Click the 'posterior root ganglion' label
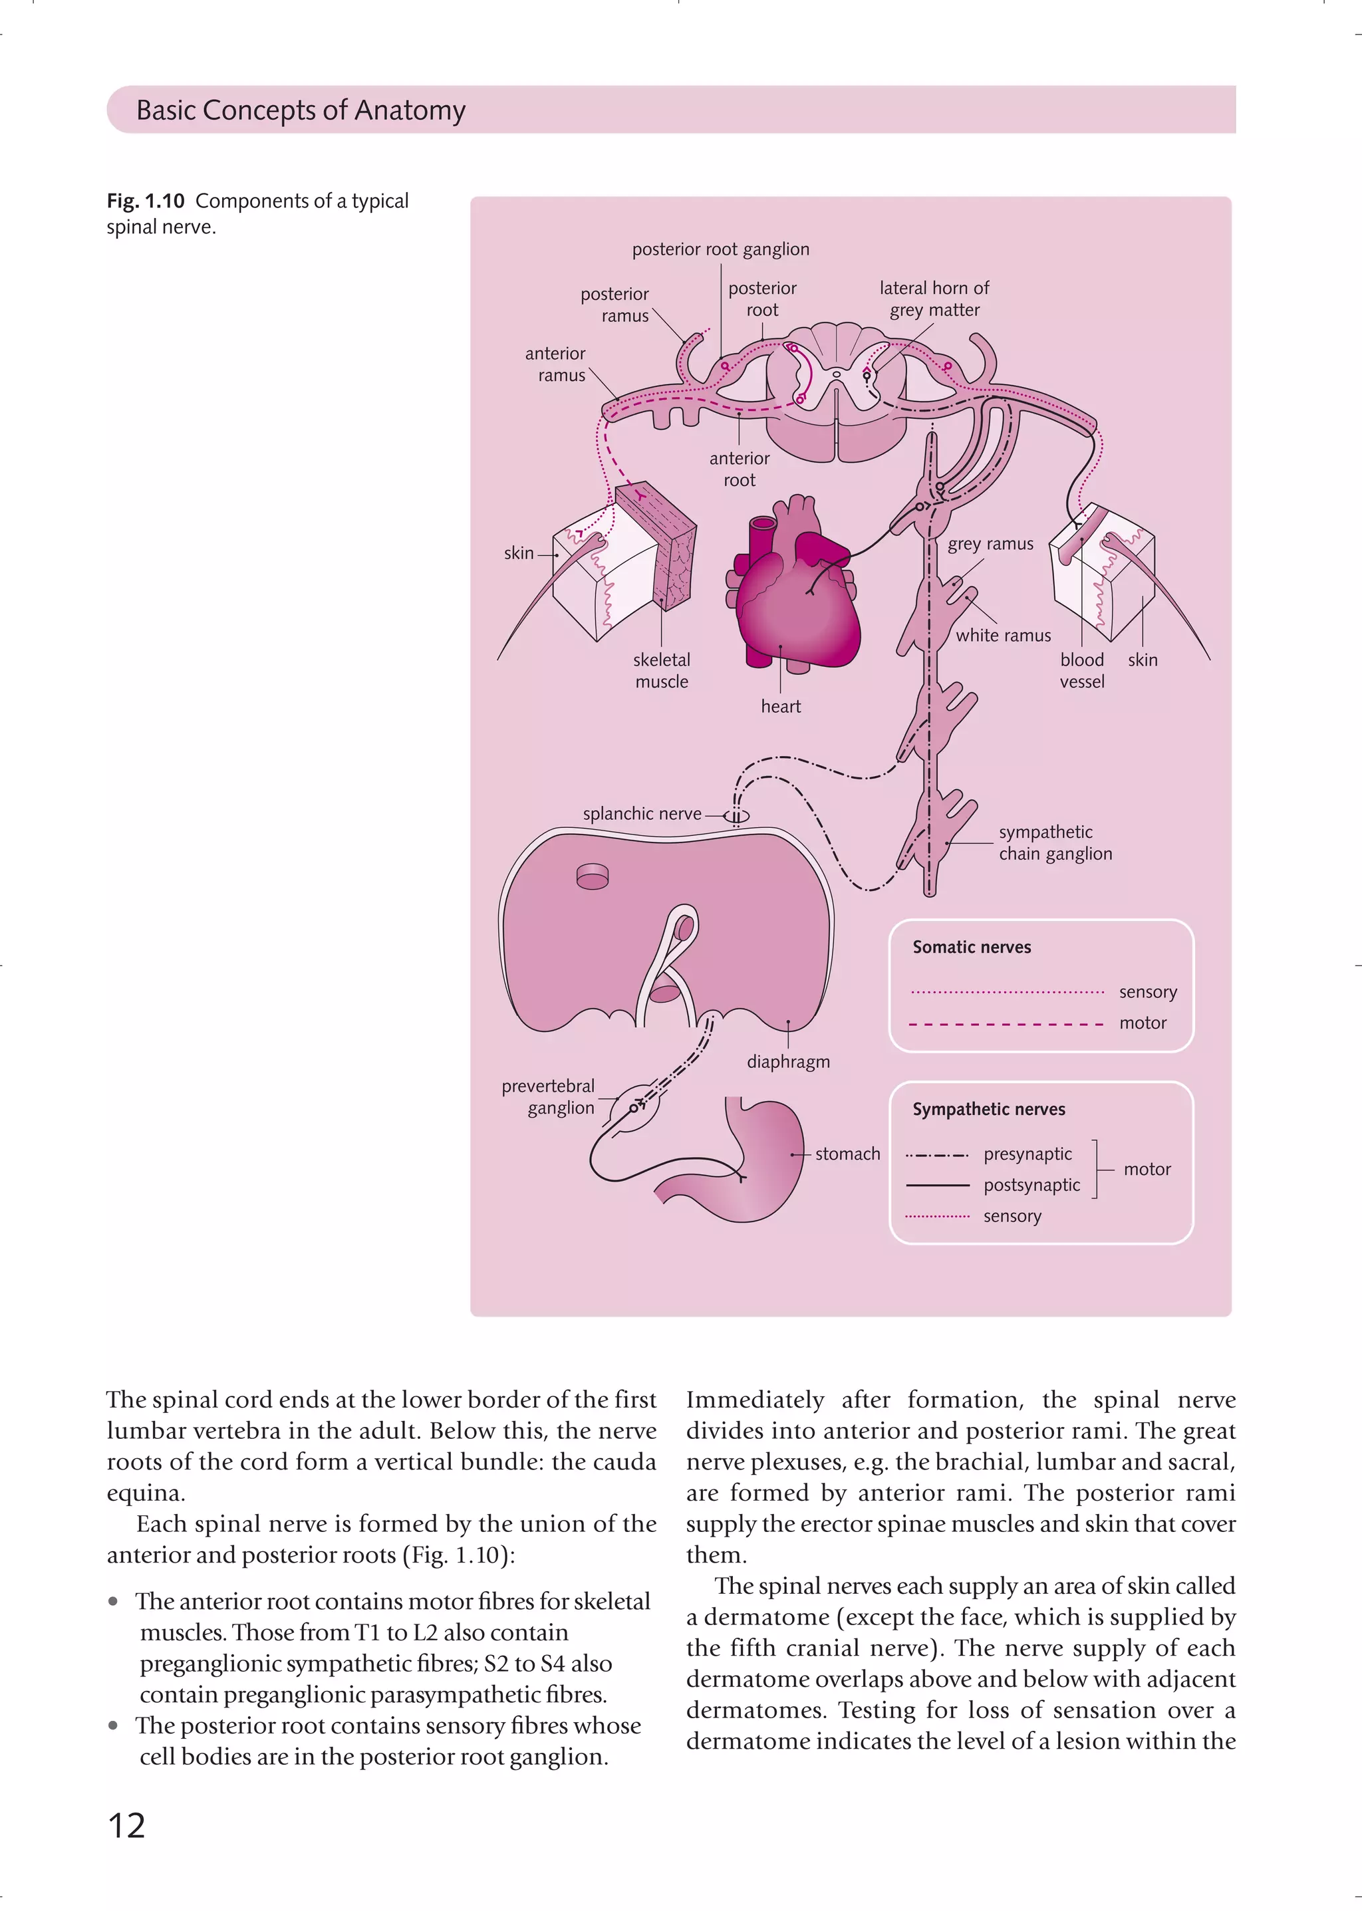pyautogui.click(x=720, y=249)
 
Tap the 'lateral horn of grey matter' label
pyautogui.click(x=934, y=299)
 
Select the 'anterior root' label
pyautogui.click(x=739, y=469)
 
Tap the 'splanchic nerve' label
pyautogui.click(x=642, y=813)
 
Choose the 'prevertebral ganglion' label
pyautogui.click(x=549, y=1096)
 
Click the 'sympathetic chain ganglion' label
pyautogui.click(x=1055, y=842)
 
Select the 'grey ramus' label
pyautogui.click(x=990, y=544)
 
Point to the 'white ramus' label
pyautogui.click(x=1003, y=636)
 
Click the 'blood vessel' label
pyautogui.click(x=1082, y=671)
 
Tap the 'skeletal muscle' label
pyautogui.click(x=662, y=671)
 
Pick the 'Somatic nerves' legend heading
pyautogui.click(x=971, y=948)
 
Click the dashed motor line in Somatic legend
pyautogui.click(x=1006, y=1024)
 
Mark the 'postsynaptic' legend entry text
pyautogui.click(x=1031, y=1186)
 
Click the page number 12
pyautogui.click(x=126, y=1825)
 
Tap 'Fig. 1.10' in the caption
pyautogui.click(x=145, y=201)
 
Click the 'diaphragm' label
pyautogui.click(x=788, y=1063)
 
